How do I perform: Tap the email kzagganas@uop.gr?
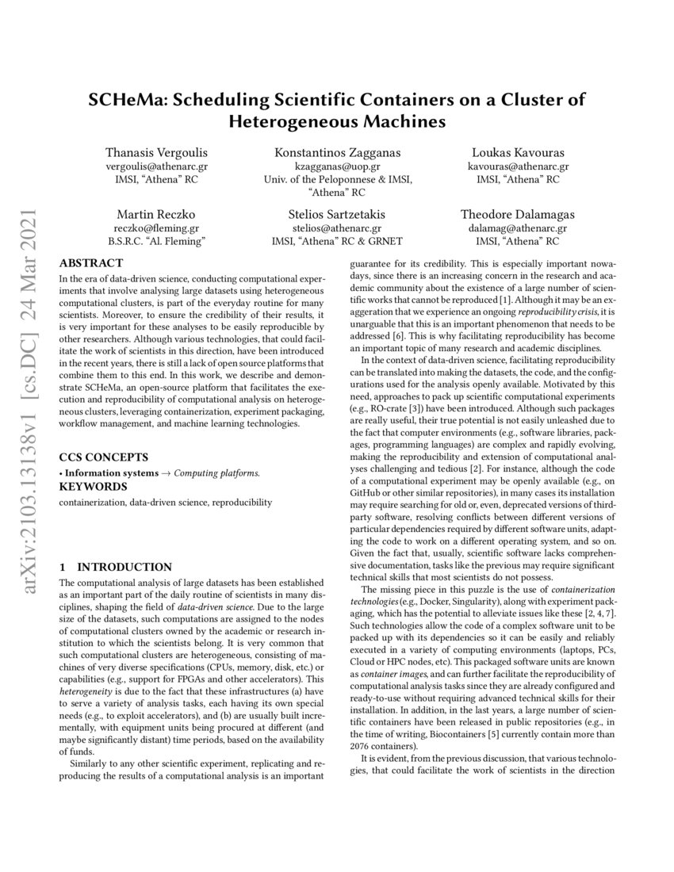(337, 166)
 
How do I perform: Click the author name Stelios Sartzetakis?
(337, 214)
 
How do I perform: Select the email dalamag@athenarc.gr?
(519, 228)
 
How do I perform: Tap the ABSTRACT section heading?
(91, 263)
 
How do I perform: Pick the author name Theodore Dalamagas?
(519, 214)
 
